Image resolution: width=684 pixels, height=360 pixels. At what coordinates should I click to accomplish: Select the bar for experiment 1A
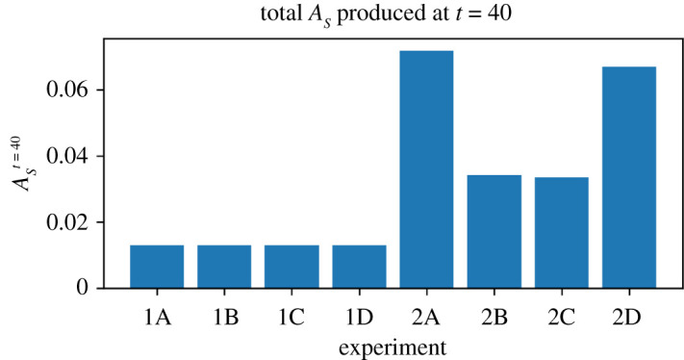pos(157,267)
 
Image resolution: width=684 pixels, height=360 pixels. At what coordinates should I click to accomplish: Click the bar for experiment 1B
pos(224,267)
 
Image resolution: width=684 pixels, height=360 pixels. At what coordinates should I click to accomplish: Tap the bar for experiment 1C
pos(291,267)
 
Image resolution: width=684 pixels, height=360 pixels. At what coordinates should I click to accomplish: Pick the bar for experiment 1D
pos(359,267)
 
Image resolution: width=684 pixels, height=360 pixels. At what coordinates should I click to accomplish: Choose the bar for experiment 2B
pos(494,231)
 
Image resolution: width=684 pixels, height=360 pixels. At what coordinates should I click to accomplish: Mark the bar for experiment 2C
pos(561,232)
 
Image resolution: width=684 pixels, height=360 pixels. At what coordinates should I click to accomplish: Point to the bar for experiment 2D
pos(628,177)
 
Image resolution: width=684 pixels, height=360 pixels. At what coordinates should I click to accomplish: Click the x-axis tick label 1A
pos(157,315)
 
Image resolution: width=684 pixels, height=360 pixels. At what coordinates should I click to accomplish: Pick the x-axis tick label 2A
pos(426,315)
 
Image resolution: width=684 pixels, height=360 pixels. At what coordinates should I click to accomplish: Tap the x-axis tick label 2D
pos(628,315)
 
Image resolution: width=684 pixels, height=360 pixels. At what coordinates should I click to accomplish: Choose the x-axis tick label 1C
pos(291,315)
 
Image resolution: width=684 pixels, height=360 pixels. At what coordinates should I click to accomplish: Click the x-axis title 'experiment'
pos(393,343)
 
